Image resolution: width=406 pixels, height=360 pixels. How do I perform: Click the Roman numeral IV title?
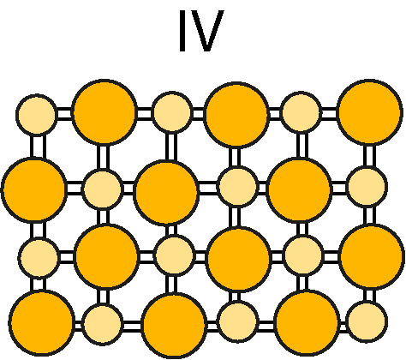coord(201,31)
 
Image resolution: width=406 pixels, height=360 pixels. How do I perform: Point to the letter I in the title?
coord(182,31)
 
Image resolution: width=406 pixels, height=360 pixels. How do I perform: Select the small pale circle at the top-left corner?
coord(37,114)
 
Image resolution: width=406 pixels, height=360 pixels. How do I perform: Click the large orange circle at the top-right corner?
coord(369,112)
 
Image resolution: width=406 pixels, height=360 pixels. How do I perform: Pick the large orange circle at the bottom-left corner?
coord(42,323)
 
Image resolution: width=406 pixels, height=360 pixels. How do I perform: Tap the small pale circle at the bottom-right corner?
coord(367,321)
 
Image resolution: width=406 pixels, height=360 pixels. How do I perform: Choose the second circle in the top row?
coord(104,111)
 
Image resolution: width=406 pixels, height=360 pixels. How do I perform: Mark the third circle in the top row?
coord(172,112)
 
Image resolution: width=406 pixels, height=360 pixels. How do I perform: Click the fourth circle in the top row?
coord(236,115)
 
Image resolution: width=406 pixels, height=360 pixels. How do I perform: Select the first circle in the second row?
coord(34,189)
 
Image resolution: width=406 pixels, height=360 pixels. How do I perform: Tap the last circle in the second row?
coord(367,187)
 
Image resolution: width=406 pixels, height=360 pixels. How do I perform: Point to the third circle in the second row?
coord(166,192)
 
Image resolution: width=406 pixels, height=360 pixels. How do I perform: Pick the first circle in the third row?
coord(39,257)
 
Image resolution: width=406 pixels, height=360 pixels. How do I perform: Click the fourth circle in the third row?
coord(238,259)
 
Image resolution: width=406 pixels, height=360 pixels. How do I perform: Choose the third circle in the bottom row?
coord(174,326)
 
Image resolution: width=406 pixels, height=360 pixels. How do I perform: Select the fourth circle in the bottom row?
coord(237,321)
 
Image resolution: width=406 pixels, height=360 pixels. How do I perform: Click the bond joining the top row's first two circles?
coord(64,114)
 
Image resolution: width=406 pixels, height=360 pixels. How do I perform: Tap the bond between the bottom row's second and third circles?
coord(132,325)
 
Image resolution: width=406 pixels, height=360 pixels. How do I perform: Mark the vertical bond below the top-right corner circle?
coord(369,156)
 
